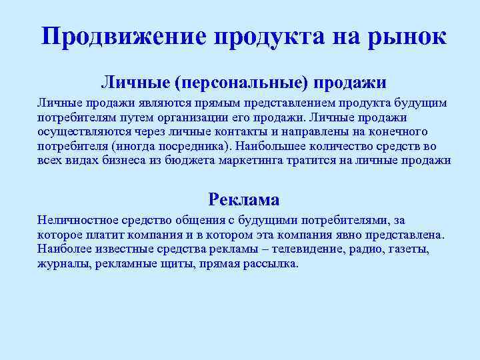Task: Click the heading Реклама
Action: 244,199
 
